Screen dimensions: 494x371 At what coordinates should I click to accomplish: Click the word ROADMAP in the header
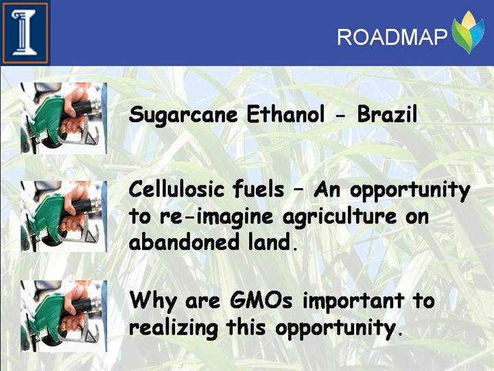coord(392,37)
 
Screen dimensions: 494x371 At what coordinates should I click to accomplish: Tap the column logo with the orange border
coord(25,32)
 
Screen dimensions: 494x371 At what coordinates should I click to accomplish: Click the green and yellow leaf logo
coord(467,32)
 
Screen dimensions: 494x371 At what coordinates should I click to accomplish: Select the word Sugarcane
coord(183,115)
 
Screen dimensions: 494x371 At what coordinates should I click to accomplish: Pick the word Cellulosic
coord(176,190)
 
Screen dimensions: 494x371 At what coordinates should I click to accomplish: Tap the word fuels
coord(259,190)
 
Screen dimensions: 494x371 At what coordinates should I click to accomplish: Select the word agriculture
coord(340,218)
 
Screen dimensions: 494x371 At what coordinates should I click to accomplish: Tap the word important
coord(353,302)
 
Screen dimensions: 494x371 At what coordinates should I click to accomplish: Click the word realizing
coord(173,328)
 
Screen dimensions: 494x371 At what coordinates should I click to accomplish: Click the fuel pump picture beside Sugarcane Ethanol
coord(64,118)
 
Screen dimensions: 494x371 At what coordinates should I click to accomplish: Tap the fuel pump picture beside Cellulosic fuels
coord(64,216)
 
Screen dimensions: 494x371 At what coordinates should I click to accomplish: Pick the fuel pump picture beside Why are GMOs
coord(64,316)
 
